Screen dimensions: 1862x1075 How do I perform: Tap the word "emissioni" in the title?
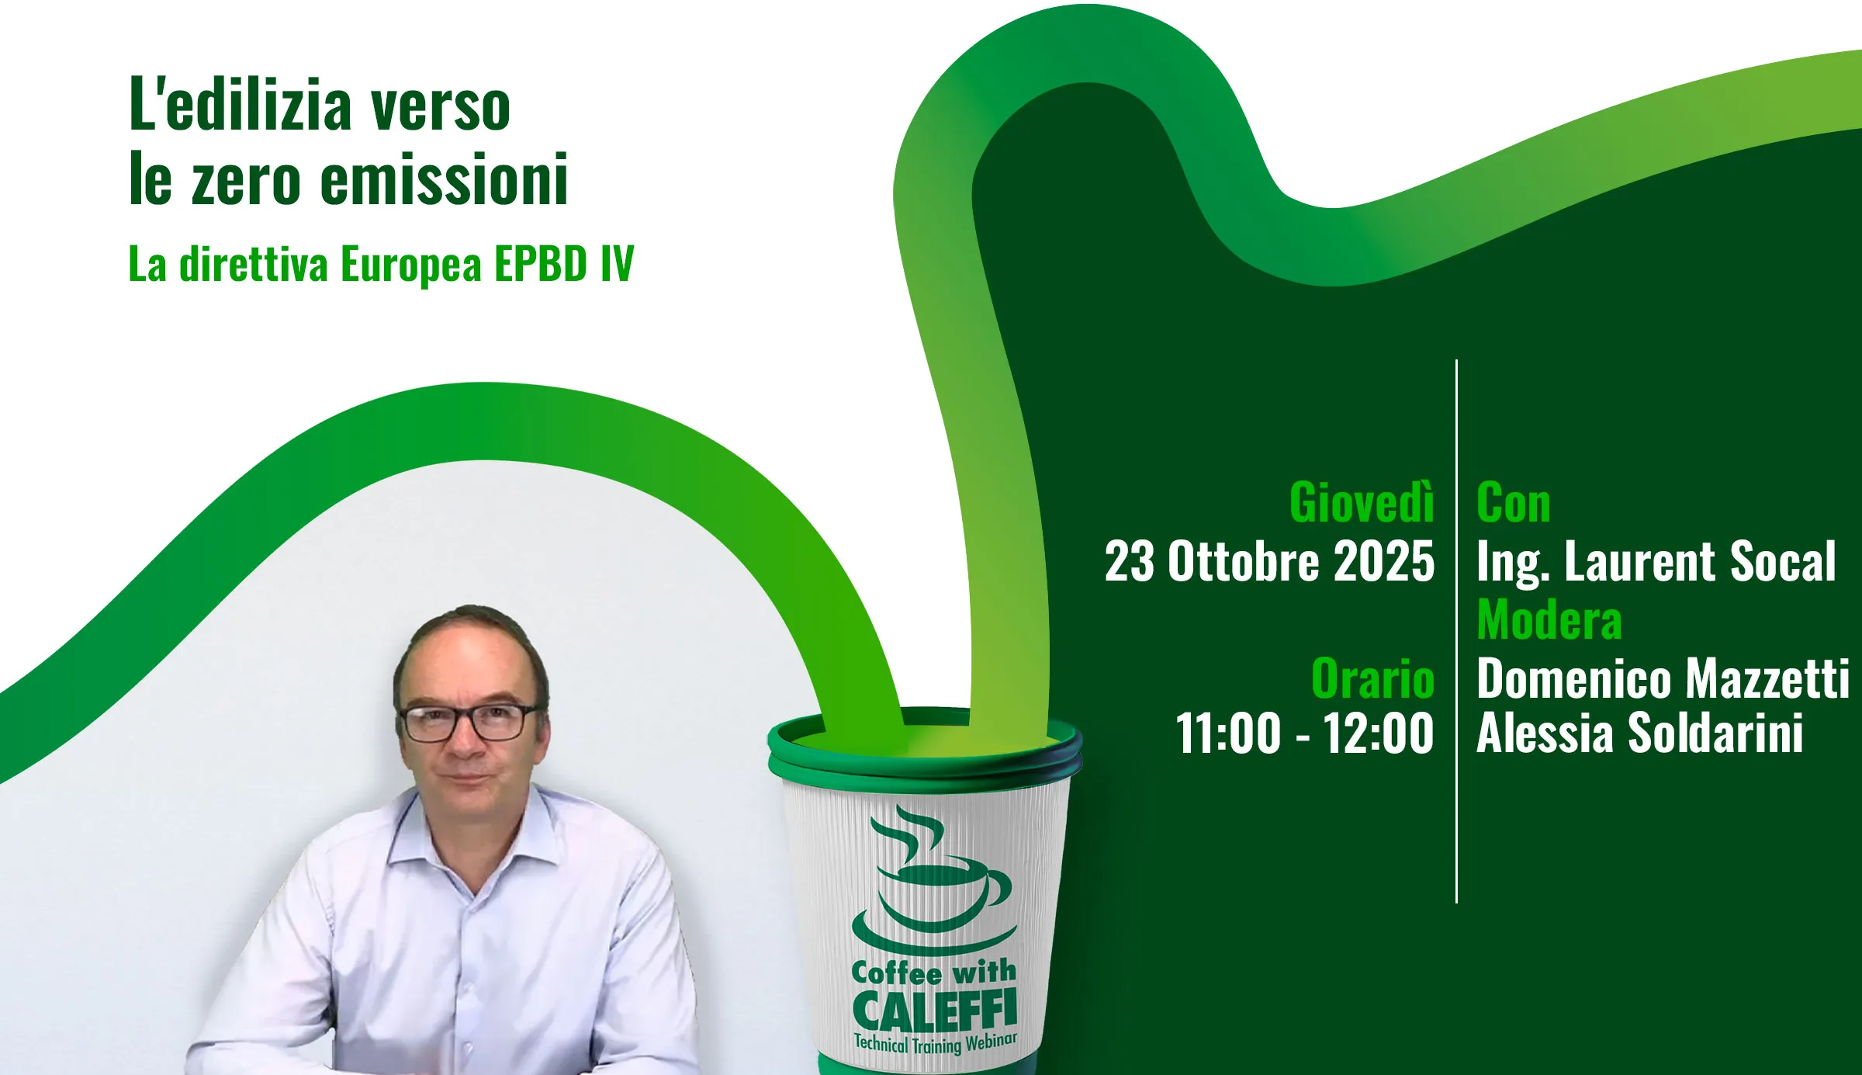tap(445, 179)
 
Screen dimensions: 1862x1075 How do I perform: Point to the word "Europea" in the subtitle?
tap(411, 265)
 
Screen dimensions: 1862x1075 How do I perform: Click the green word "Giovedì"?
tap(1362, 501)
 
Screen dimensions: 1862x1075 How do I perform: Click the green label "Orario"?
tap(1372, 678)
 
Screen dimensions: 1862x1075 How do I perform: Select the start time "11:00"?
tap(1228, 733)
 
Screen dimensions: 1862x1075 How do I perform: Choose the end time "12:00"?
tap(1378, 733)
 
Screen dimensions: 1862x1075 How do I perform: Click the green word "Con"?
tap(1514, 502)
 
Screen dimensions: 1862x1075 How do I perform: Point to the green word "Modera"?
tap(1549, 619)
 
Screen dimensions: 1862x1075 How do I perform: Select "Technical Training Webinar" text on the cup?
tap(935, 1044)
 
